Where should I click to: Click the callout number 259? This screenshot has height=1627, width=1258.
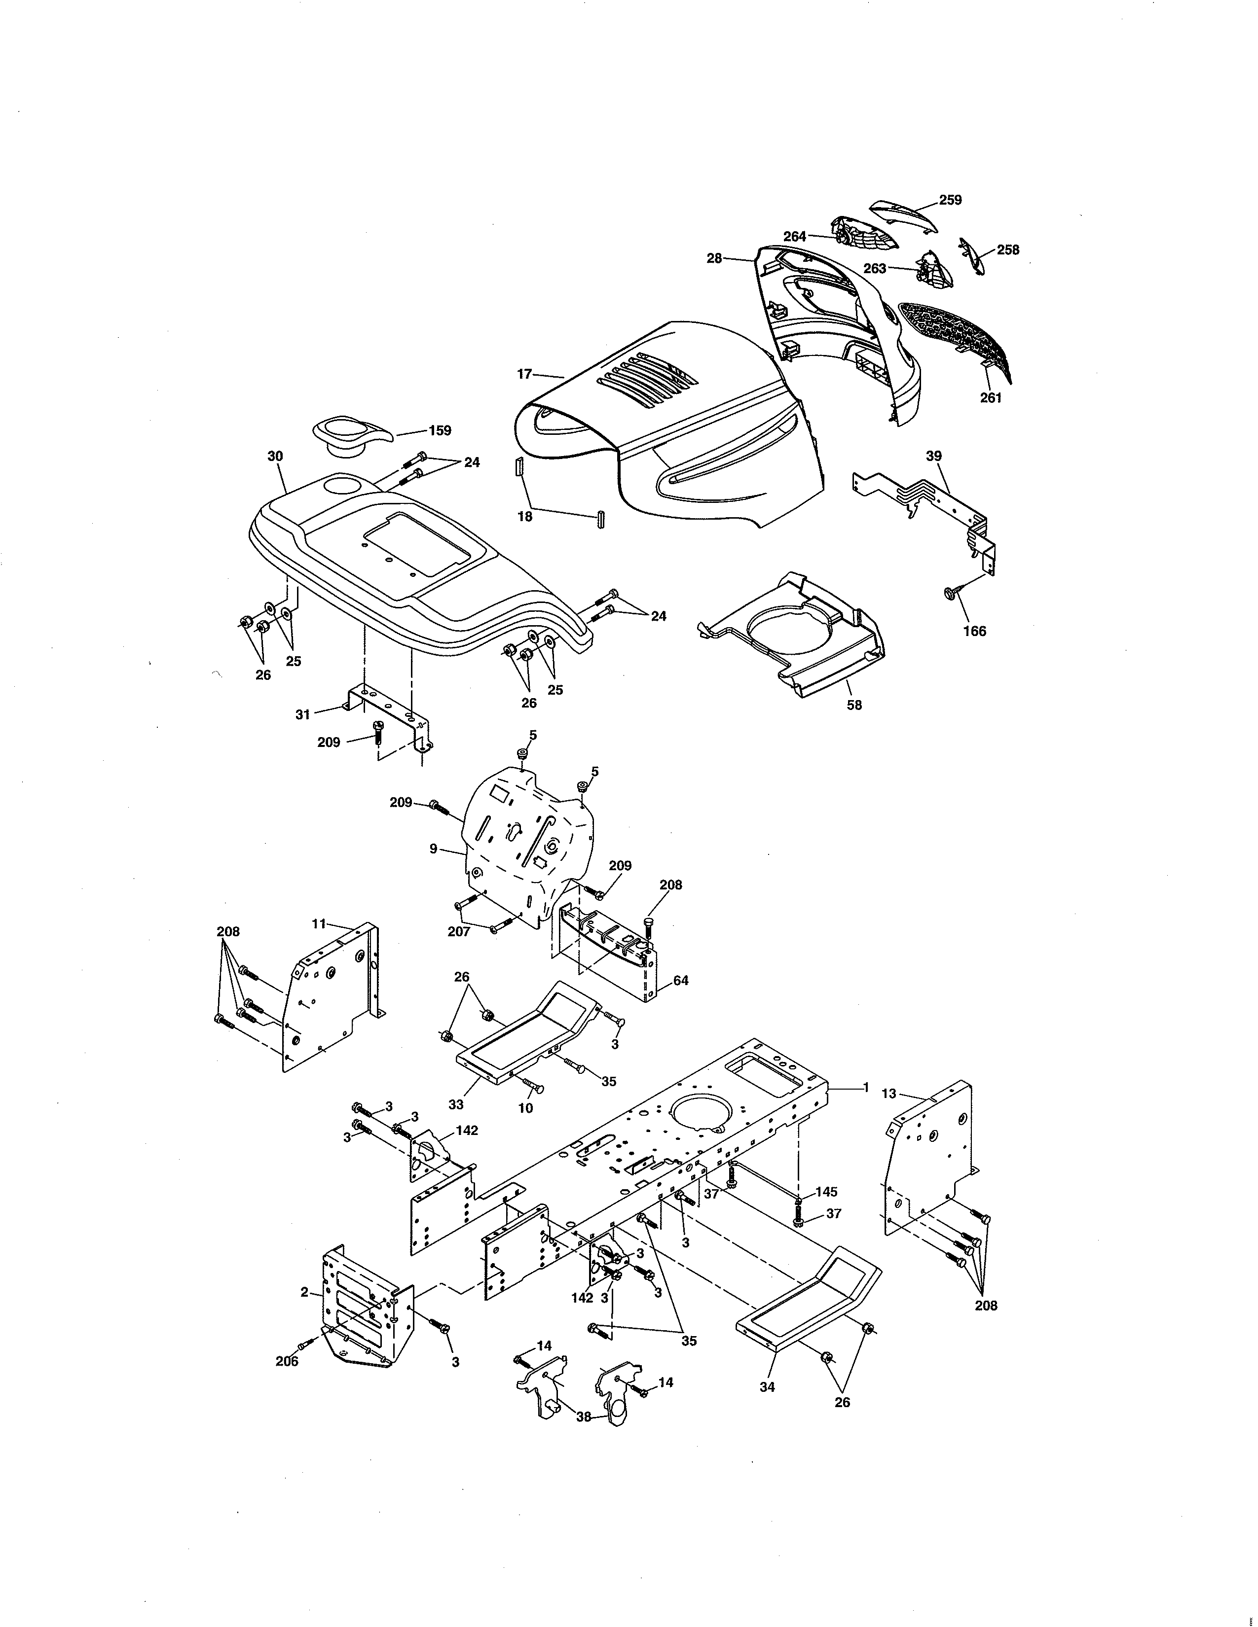click(950, 200)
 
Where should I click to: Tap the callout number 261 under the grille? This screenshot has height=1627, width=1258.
click(991, 398)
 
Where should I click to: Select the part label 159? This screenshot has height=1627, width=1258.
click(440, 430)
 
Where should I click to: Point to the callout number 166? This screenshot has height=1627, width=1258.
click(974, 631)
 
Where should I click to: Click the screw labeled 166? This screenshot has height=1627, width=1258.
click(952, 592)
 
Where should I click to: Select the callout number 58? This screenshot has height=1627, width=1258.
click(854, 705)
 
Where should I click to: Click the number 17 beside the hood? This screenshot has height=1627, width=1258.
click(525, 374)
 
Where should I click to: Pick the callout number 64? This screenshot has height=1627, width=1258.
click(680, 980)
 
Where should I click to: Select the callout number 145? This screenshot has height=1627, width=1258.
click(826, 1192)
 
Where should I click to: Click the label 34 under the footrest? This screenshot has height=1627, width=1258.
click(767, 1386)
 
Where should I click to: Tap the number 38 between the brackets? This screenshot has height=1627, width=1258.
click(584, 1417)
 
